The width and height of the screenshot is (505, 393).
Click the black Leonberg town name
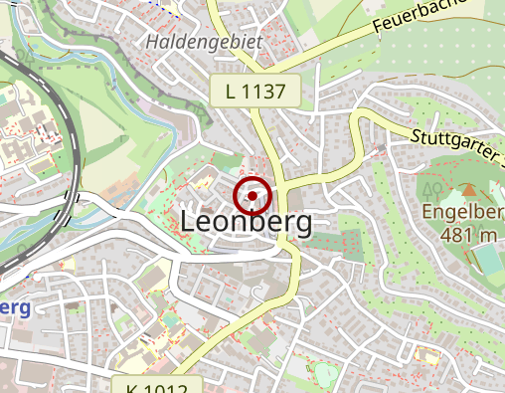pos(247,222)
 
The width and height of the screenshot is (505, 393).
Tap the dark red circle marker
pos(252,196)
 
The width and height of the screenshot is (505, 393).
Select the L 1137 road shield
pos(255,93)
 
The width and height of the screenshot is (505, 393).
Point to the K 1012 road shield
pos(164,385)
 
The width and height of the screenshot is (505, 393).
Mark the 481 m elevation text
pos(458,235)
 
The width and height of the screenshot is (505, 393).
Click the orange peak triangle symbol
pos(467,189)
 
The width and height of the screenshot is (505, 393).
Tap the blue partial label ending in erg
pos(14,307)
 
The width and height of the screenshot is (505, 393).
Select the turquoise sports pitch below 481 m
pos(487,261)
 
